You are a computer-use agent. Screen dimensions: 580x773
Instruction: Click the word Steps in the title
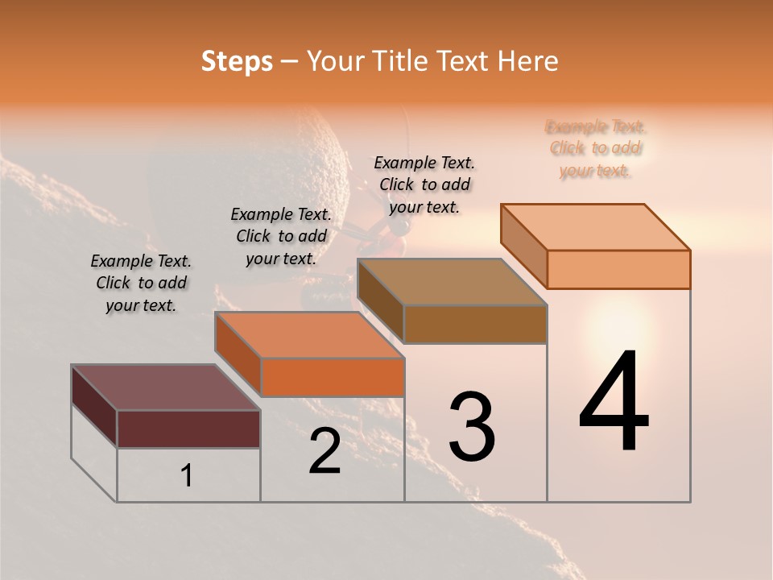click(x=237, y=61)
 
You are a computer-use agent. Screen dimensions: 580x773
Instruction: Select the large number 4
click(x=614, y=402)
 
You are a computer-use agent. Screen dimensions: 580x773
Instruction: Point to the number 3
click(x=472, y=426)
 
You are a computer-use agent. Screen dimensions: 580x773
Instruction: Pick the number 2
click(x=325, y=452)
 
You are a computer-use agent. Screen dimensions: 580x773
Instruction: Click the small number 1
click(x=187, y=475)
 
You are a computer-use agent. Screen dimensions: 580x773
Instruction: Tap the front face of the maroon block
click(x=188, y=429)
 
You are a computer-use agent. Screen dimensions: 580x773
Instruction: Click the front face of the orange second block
click(x=333, y=377)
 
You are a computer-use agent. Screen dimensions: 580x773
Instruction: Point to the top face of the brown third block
click(x=452, y=282)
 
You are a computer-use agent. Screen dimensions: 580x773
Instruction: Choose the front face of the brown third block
click(x=475, y=324)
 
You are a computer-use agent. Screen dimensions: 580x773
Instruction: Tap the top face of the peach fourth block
click(x=596, y=227)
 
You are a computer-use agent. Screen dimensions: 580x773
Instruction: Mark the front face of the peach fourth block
click(x=618, y=269)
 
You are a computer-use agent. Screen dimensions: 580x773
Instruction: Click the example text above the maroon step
click(x=141, y=283)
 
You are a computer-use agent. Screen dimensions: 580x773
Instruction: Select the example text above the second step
click(x=281, y=236)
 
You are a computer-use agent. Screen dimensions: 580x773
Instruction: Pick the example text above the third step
click(x=424, y=184)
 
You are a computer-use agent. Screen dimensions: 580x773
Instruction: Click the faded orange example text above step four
click(x=596, y=148)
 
